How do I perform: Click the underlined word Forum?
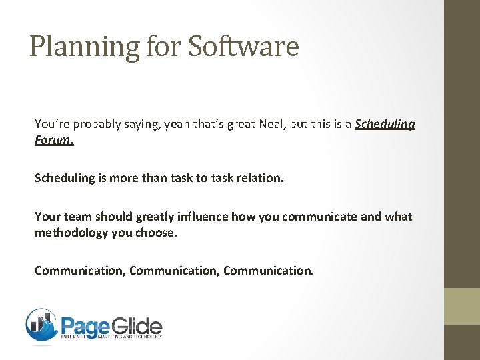[54, 141]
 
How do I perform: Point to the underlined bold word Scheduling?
[385, 124]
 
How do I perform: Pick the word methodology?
[71, 233]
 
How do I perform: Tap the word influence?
[200, 217]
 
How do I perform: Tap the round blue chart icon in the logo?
[41, 325]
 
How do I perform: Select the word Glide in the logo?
[137, 326]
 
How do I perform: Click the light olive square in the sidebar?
[462, 306]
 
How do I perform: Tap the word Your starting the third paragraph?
[47, 217]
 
